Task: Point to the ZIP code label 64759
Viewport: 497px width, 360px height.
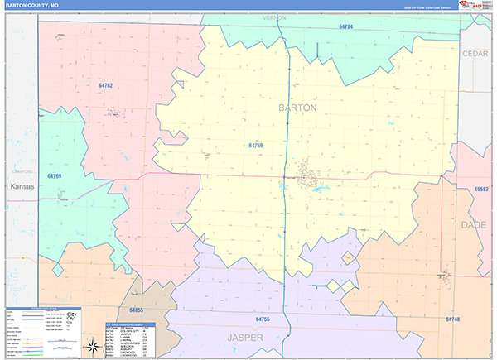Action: (x=255, y=145)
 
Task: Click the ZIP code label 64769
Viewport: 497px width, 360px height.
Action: (x=55, y=176)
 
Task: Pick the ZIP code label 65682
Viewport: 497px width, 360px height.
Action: (x=482, y=189)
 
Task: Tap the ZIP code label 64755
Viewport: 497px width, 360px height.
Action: (x=263, y=319)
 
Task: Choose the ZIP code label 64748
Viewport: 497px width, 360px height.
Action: (x=452, y=319)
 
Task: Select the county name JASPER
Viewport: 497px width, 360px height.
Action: (x=246, y=338)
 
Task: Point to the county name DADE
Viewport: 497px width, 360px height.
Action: (x=474, y=224)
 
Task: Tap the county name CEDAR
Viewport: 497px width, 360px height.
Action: (x=475, y=53)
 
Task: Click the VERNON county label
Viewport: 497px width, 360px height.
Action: (x=274, y=17)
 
